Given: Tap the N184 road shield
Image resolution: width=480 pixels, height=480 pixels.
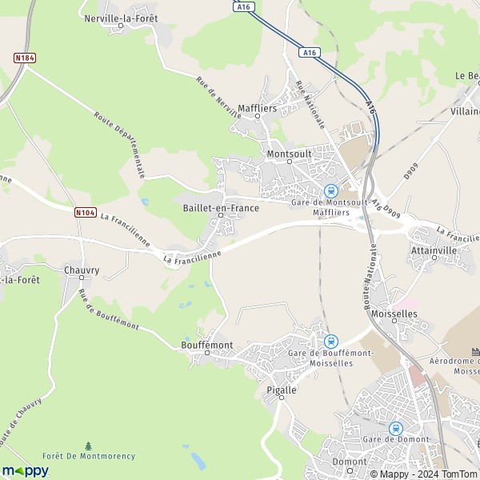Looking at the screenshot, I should point(23,58).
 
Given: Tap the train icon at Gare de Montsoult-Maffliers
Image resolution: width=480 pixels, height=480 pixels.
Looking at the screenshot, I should point(330,190).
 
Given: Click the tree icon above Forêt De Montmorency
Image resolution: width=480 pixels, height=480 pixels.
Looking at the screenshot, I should point(89,445).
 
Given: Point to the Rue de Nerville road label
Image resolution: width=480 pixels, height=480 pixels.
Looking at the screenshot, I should point(218,97).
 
